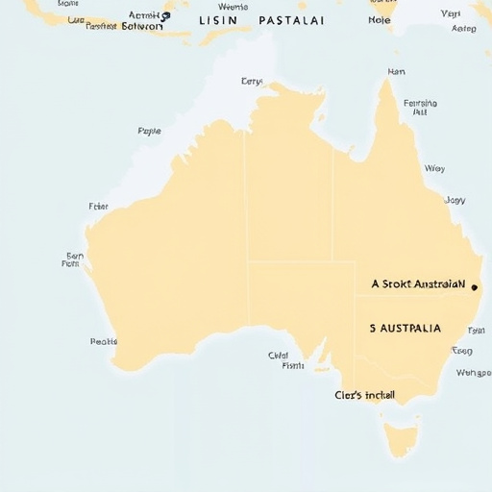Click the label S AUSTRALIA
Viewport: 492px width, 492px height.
405,328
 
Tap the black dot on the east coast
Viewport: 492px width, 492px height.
474,286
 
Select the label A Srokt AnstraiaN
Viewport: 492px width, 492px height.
417,284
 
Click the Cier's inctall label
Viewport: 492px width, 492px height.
364,395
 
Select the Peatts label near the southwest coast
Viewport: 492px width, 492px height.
103,341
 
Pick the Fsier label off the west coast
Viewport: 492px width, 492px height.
98,206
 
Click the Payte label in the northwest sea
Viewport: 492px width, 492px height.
149,131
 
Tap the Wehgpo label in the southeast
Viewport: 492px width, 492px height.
473,373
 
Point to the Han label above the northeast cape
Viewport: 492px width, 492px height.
396,72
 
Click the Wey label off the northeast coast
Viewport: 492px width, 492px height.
434,168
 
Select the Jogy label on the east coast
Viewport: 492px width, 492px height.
455,201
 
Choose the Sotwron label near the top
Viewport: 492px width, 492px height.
139,27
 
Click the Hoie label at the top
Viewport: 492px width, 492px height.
380,19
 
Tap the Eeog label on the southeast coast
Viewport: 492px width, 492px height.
462,352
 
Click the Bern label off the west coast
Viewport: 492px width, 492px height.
75,257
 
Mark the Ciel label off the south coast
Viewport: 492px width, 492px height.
279,355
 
